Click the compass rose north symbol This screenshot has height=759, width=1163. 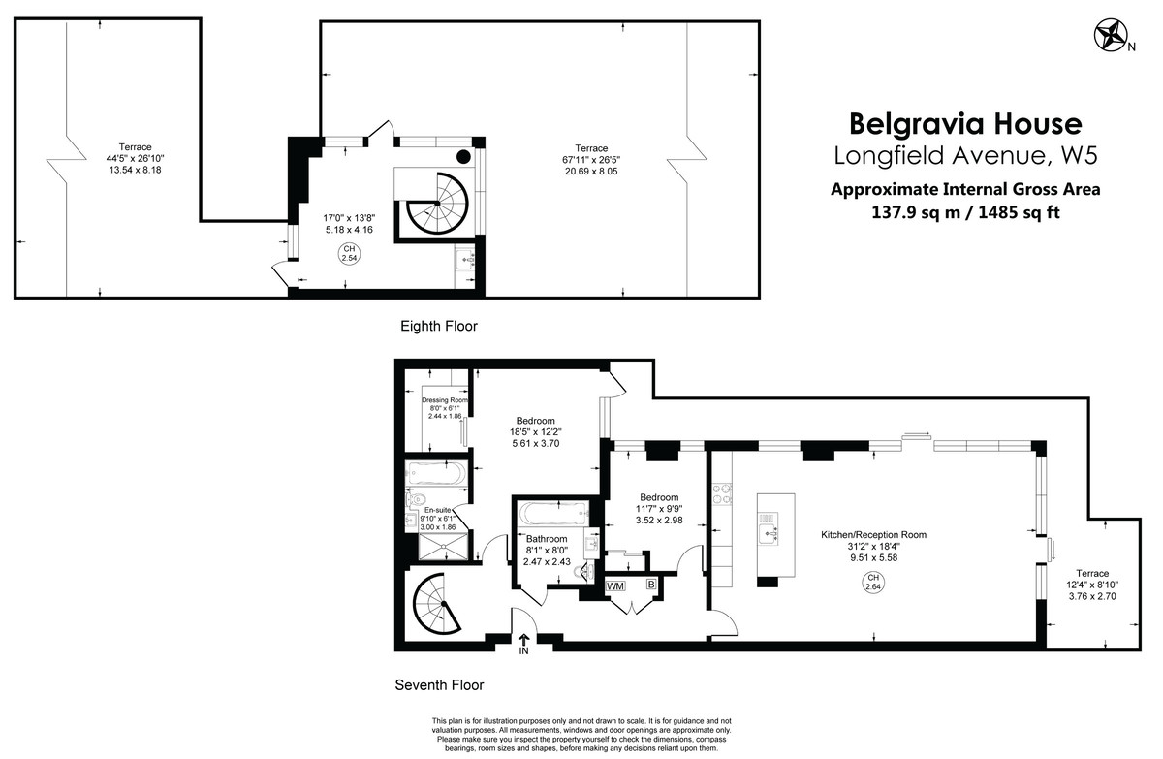tap(1110, 37)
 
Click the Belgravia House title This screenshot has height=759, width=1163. tap(964, 124)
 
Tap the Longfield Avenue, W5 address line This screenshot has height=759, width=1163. tap(964, 155)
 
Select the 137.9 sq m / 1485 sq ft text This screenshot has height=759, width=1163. tap(964, 212)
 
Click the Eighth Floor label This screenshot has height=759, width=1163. tap(439, 327)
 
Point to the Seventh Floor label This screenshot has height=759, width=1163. tap(439, 685)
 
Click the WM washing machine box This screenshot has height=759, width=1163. tap(614, 586)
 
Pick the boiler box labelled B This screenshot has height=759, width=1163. tap(651, 585)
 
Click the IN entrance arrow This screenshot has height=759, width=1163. tap(523, 643)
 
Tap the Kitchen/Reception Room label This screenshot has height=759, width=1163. tap(873, 534)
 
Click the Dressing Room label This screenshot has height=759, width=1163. tap(445, 400)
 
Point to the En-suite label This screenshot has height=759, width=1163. tap(438, 510)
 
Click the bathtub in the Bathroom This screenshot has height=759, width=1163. tap(549, 512)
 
